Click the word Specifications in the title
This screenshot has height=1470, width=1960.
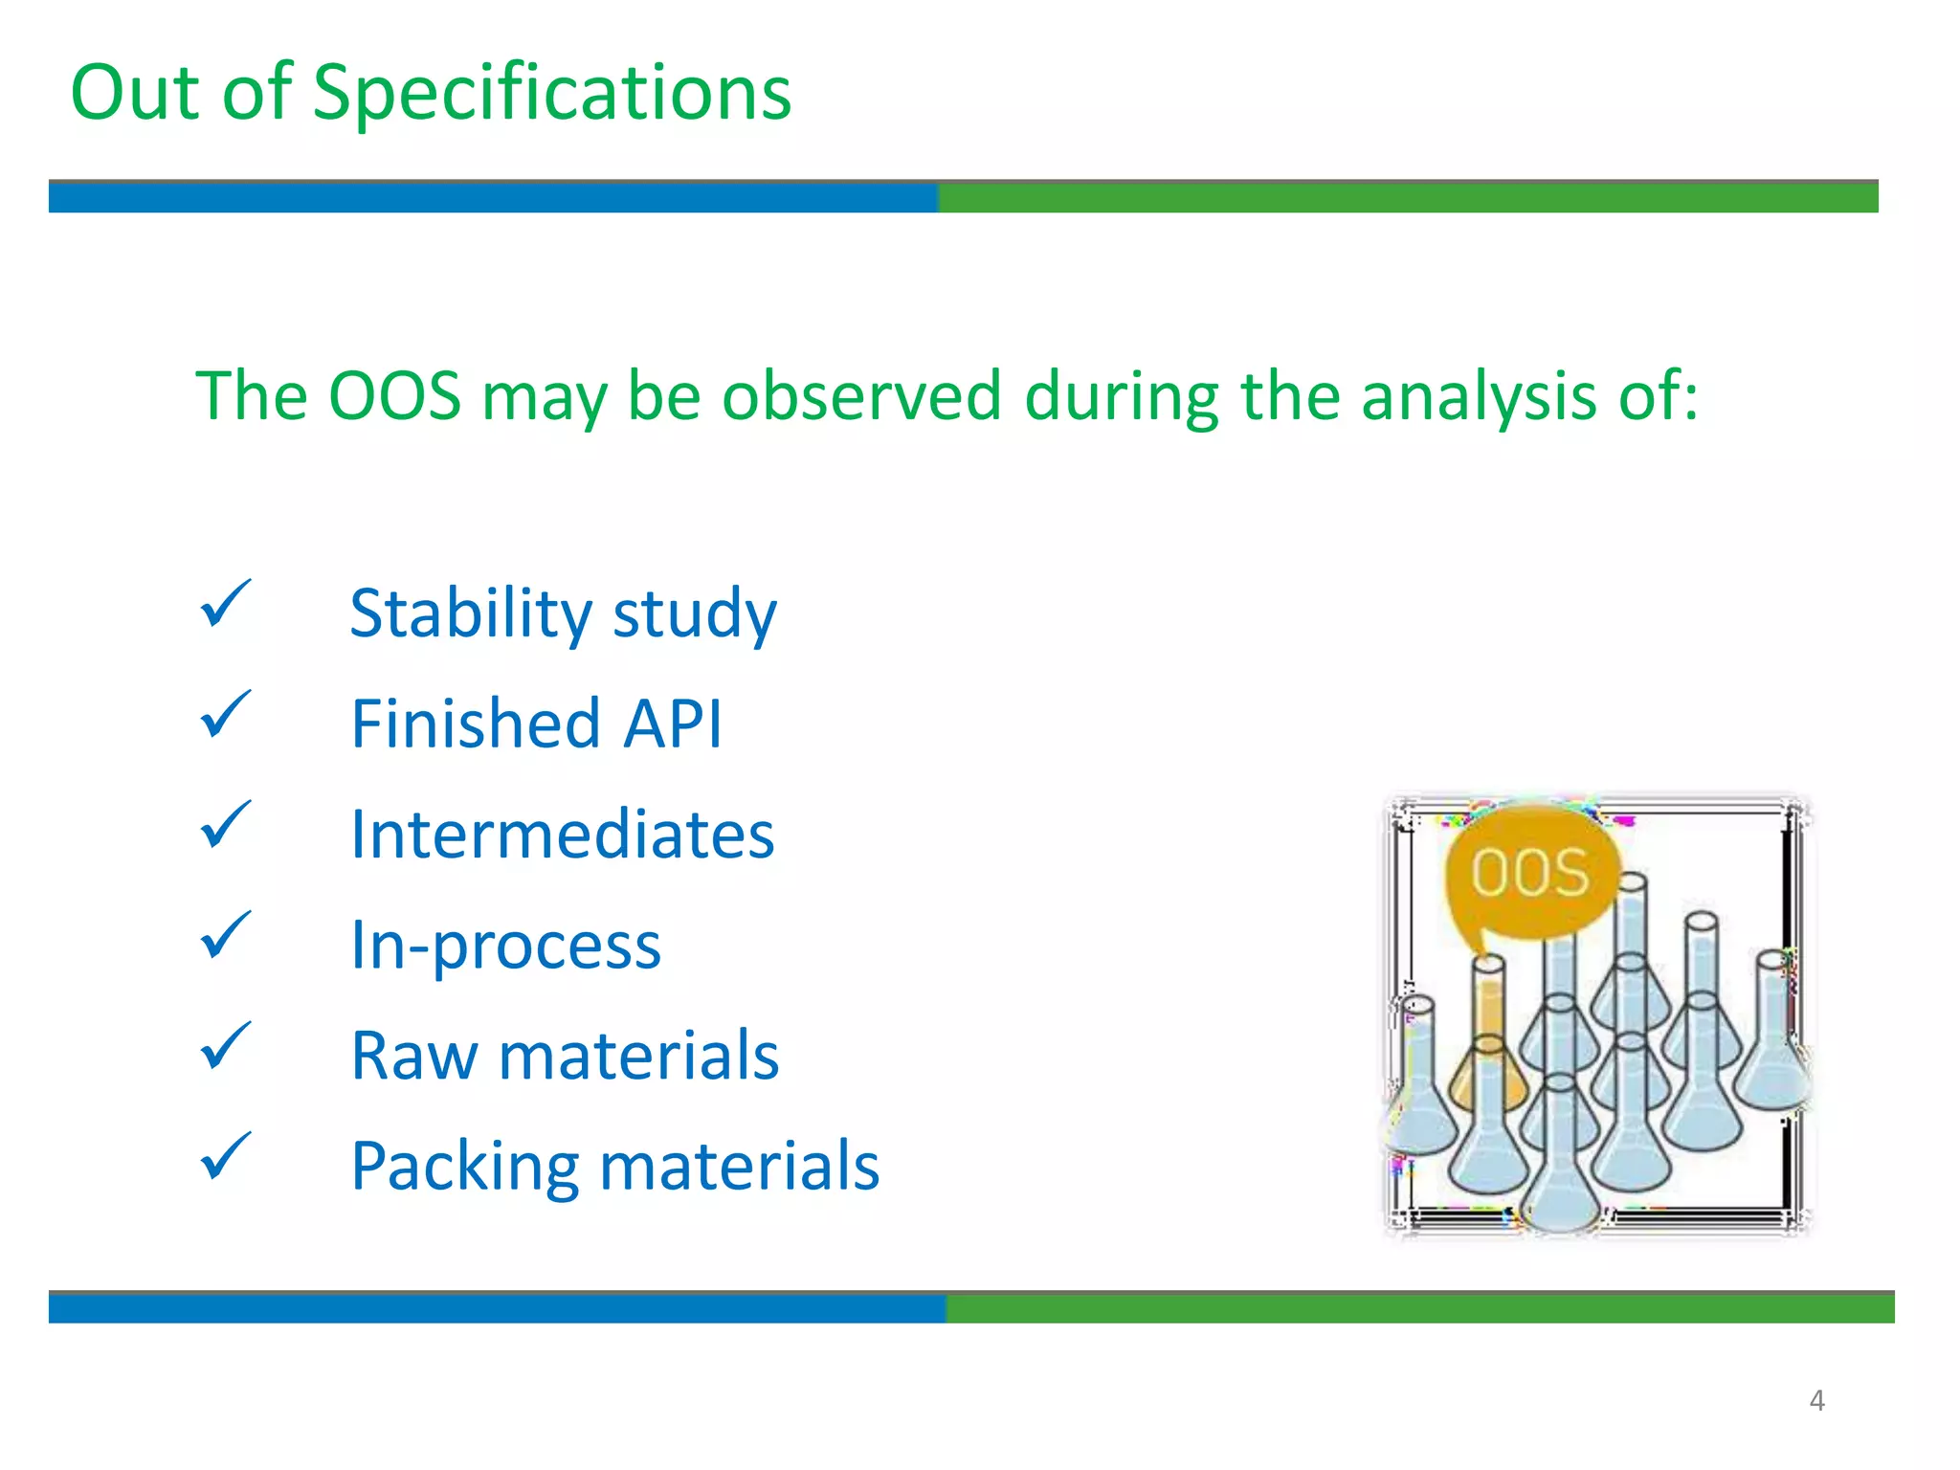pos(552,94)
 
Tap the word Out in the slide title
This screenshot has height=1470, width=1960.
pos(135,93)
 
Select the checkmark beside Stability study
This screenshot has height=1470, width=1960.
pos(225,605)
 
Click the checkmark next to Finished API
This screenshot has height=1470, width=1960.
pos(225,716)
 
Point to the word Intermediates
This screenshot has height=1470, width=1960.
pos(562,835)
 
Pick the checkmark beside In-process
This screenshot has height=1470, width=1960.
pos(225,936)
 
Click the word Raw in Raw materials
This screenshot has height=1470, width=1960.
pos(413,1057)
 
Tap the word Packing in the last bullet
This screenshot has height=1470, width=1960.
pos(464,1167)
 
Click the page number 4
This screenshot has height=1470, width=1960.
pos(1816,1401)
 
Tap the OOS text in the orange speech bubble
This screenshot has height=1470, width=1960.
pos(1529,873)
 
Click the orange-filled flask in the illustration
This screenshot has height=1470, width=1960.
pos(1489,1053)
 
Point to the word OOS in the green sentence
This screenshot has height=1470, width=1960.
pos(394,395)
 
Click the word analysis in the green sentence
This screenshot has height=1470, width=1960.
pos(1478,397)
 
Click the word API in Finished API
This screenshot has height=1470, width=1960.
pos(673,724)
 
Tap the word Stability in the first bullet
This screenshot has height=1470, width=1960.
pos(470,613)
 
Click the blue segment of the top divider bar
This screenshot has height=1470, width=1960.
pos(493,197)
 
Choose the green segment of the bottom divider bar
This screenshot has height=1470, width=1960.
pos(1419,1308)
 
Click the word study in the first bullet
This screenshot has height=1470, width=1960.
pos(695,613)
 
